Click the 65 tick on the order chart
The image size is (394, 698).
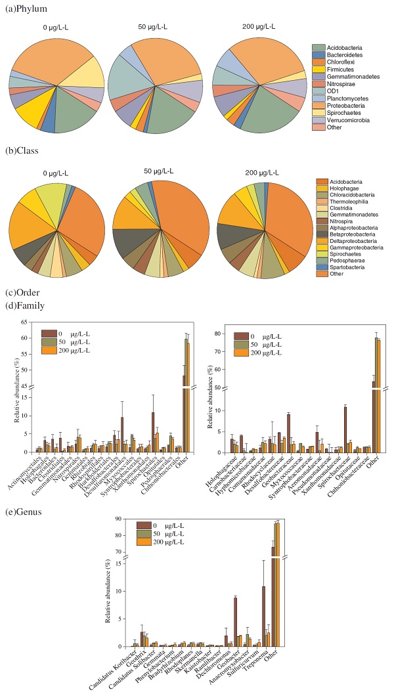point(28,322)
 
